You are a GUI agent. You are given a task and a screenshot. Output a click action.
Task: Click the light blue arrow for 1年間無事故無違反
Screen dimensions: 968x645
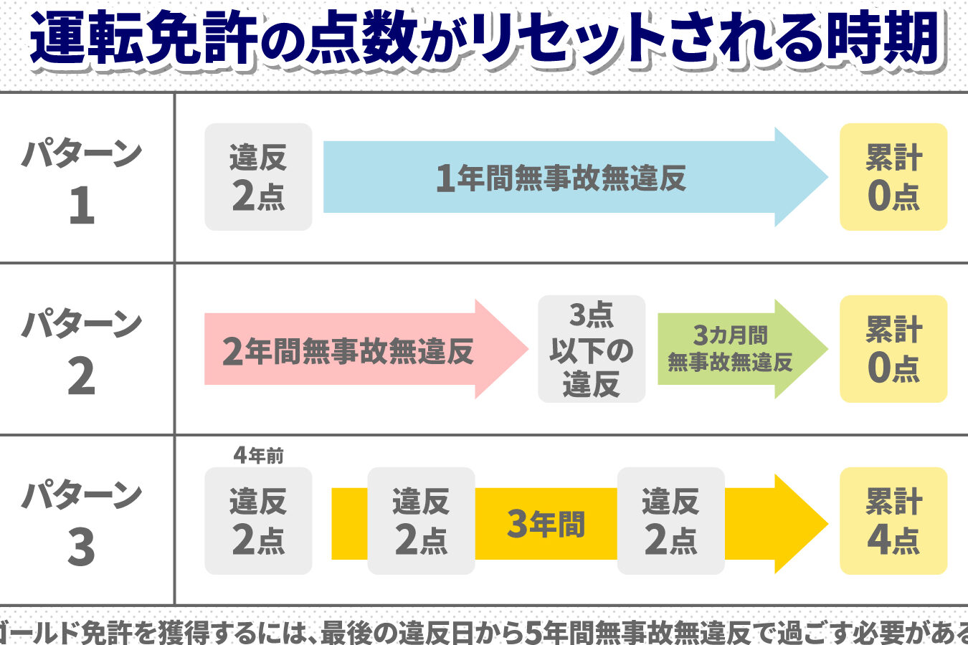pyautogui.click(x=575, y=177)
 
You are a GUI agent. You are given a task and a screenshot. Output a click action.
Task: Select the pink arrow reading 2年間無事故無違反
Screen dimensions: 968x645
pyautogui.click(x=366, y=349)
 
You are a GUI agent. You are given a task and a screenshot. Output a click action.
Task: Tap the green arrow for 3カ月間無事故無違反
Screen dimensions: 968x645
pyautogui.click(x=742, y=349)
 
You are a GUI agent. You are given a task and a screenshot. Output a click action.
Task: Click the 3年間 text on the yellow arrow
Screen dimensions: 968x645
pyautogui.click(x=546, y=524)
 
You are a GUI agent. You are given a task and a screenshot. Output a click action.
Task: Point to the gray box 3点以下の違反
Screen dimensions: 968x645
pyautogui.click(x=592, y=349)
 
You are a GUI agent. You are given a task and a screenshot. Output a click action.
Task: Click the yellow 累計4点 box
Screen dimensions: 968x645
pyautogui.click(x=893, y=521)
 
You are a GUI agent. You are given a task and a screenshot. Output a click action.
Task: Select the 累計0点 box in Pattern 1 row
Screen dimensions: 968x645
pyautogui.click(x=893, y=177)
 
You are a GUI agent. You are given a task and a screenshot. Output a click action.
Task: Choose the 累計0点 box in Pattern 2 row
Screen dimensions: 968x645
pyautogui.click(x=893, y=349)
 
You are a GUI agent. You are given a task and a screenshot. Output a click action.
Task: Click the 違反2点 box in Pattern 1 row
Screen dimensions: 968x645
pyautogui.click(x=258, y=177)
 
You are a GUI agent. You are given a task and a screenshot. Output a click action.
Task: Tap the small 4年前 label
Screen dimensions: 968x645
pyautogui.click(x=258, y=455)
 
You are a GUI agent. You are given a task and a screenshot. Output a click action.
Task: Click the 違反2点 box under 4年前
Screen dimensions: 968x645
pyautogui.click(x=258, y=521)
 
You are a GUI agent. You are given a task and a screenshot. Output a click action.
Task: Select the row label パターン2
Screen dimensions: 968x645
pyautogui.click(x=82, y=352)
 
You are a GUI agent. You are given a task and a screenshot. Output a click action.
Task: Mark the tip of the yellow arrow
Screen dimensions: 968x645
pyautogui.click(x=828, y=524)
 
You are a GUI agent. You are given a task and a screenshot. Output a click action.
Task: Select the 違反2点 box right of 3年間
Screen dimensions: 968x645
pyautogui.click(x=671, y=521)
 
